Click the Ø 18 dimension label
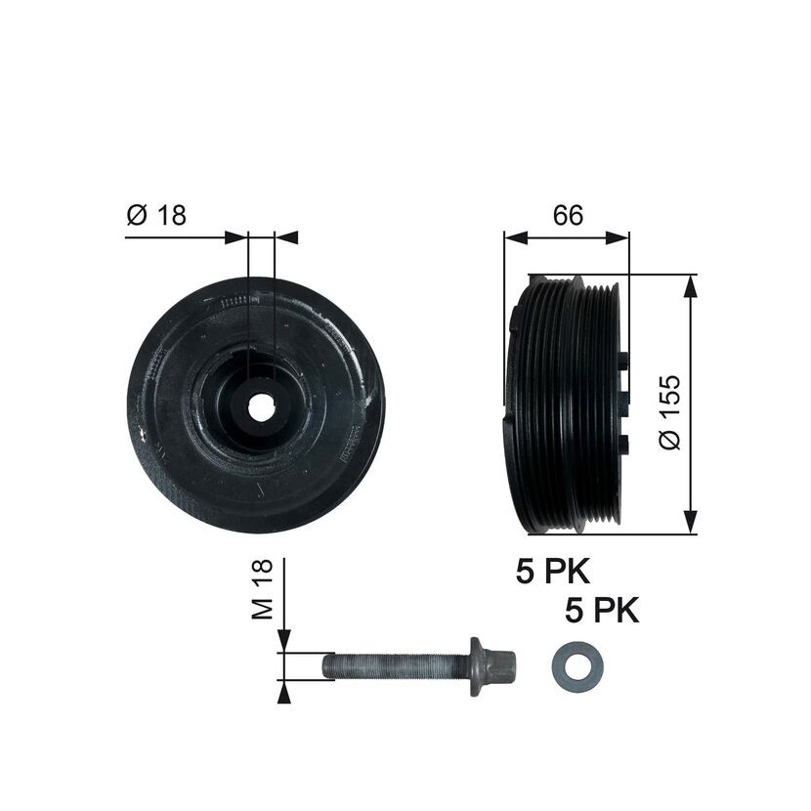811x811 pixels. point(155,215)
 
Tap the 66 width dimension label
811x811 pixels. point(568,215)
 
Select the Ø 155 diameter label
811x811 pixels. point(670,412)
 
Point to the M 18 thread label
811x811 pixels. point(262,588)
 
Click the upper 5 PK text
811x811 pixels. point(552,572)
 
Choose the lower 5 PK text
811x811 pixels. point(602,611)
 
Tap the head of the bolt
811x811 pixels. point(501,666)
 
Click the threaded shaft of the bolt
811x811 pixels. point(396,666)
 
